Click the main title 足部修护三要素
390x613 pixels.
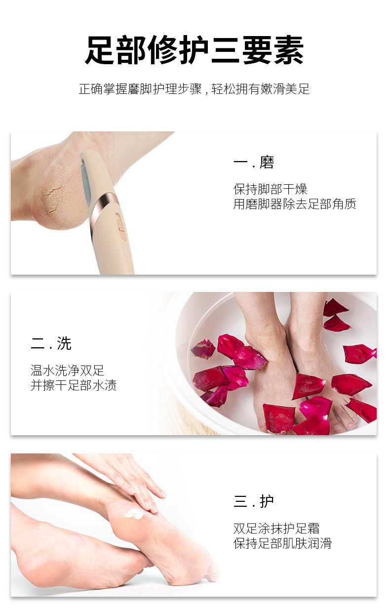[x=194, y=50]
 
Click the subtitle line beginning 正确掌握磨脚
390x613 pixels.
[x=194, y=89]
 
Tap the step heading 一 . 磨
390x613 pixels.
[x=253, y=163]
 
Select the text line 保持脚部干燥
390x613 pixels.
[x=270, y=189]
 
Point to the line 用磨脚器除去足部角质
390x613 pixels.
[x=295, y=204]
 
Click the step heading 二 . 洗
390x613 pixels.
[x=51, y=344]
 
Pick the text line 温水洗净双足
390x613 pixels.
[x=68, y=370]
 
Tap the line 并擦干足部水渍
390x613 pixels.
[x=74, y=385]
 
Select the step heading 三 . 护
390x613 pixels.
[x=253, y=502]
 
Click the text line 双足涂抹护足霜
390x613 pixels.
[x=276, y=529]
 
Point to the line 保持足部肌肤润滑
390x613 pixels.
[x=282, y=543]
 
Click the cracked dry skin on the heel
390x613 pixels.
[x=52, y=200]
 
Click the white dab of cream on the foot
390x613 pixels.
[x=135, y=513]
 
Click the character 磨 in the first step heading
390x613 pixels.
[x=267, y=163]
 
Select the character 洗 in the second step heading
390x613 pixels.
[x=64, y=344]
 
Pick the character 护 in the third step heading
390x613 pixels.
[x=267, y=502]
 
